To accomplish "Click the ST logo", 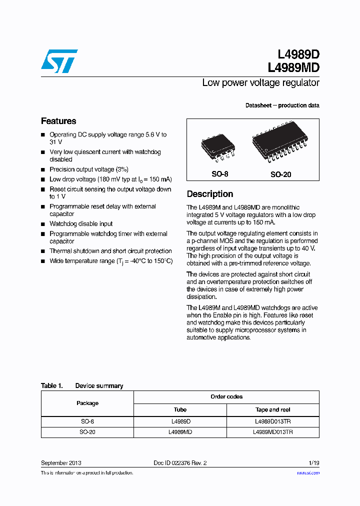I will pyautogui.click(x=59, y=61).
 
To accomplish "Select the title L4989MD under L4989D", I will pyautogui.click(x=293, y=67).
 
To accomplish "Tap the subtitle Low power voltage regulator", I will pyautogui.click(x=260, y=83).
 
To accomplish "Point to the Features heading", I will pyautogui.click(x=58, y=121).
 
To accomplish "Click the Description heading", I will pyautogui.click(x=210, y=194).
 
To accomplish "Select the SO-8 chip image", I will pyautogui.click(x=217, y=148).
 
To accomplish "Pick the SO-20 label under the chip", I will pyautogui.click(x=280, y=174).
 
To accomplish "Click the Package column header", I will pyautogui.click(x=87, y=403).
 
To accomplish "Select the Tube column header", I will pyautogui.click(x=180, y=409).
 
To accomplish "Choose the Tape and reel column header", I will pyautogui.click(x=273, y=409).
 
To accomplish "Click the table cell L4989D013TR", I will pyautogui.click(x=273, y=421).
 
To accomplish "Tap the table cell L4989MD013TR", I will pyautogui.click(x=273, y=432).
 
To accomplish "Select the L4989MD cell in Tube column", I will pyautogui.click(x=180, y=432).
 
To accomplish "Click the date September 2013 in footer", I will pyautogui.click(x=61, y=463).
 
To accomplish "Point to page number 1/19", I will pyautogui.click(x=313, y=463).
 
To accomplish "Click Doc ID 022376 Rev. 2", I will pyautogui.click(x=180, y=463).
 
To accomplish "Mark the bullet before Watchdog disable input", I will pyautogui.click(x=43, y=224).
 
